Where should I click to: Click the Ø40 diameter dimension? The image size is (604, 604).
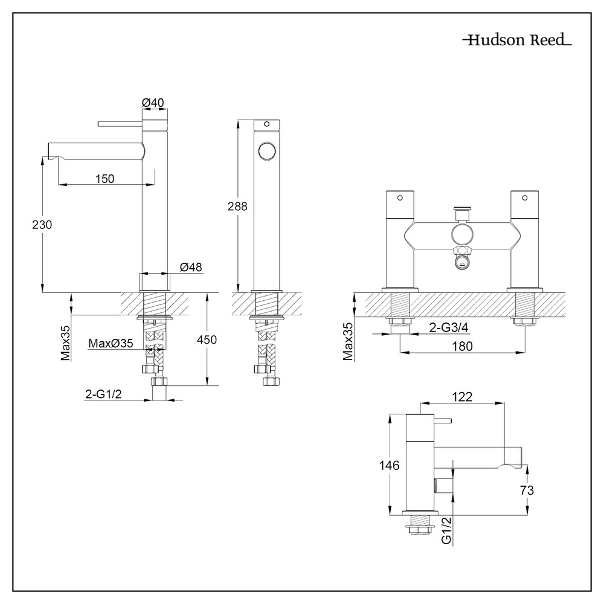tap(154, 103)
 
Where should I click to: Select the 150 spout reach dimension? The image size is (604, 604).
tap(105, 178)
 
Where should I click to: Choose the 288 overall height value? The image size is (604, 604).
tap(237, 206)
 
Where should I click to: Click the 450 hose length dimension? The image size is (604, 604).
tap(207, 339)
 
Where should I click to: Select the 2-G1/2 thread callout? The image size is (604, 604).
tap(105, 394)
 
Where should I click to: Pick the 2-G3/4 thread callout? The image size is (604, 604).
tap(449, 327)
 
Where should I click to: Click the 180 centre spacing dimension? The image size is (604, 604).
tap(462, 346)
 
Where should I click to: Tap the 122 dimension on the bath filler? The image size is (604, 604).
tap(461, 396)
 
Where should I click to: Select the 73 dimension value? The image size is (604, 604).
tap(527, 490)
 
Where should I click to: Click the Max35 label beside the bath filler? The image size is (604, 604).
tap(348, 342)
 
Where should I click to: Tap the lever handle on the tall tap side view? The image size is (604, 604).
tap(120, 124)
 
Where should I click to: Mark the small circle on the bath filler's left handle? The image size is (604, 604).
tap(400, 198)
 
